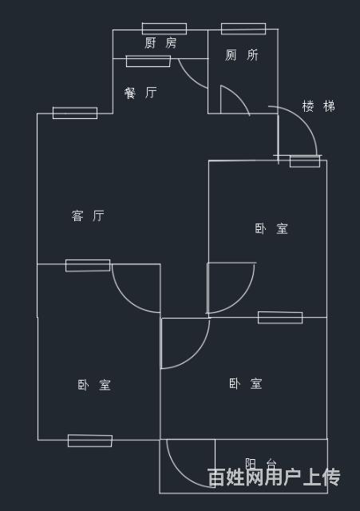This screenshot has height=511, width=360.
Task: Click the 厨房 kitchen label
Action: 160,42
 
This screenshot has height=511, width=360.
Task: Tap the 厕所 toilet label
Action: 241,55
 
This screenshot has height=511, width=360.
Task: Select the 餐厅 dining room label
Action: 140,93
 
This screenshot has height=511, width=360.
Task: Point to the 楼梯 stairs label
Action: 318,106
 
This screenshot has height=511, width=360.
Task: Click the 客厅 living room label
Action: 88,216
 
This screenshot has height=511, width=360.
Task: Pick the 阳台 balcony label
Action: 261,463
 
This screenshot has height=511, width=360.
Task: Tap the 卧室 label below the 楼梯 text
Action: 271,228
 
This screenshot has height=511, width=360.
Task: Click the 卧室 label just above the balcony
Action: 245,383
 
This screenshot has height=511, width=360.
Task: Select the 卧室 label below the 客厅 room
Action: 94,385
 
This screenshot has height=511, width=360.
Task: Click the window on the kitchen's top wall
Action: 164,29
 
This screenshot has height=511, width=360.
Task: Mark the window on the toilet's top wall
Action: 243,29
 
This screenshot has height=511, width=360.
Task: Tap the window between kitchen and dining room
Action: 148,61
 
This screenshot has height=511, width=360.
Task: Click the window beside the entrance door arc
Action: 305,161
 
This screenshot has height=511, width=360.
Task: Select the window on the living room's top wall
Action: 75,113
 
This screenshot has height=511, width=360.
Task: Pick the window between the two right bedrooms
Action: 280,318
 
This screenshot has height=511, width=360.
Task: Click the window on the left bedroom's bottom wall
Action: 90,441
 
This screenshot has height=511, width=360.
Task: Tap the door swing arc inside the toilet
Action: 239,95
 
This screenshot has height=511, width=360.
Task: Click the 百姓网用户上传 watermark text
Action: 274,477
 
